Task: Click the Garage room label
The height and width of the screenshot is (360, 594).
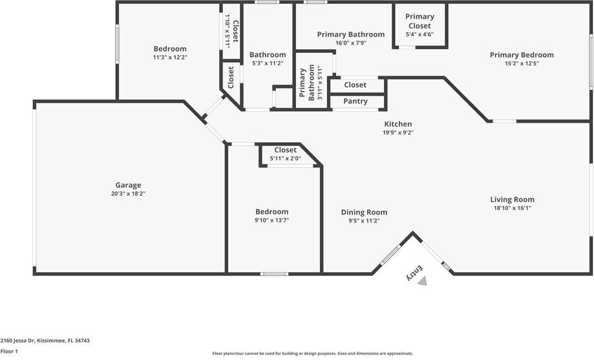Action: coord(128,185)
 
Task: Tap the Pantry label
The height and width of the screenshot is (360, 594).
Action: coord(355,101)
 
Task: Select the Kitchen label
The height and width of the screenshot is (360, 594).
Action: coord(398,124)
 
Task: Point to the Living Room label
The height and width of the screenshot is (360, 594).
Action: coord(512,199)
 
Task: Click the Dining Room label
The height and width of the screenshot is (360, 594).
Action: coord(364,212)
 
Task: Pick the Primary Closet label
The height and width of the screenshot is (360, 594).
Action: coord(419,21)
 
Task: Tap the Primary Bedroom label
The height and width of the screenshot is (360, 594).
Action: coord(522,55)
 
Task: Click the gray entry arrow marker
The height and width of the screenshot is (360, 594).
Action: coord(422,281)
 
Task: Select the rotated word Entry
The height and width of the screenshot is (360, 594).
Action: coord(414,273)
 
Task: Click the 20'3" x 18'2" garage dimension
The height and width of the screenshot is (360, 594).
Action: coord(128,194)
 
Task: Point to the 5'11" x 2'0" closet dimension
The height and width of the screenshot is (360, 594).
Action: coord(285,158)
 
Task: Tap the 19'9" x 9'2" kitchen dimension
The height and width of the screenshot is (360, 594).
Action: coord(398,132)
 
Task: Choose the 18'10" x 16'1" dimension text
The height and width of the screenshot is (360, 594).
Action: coord(512,207)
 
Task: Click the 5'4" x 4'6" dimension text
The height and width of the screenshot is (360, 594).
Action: coord(419,34)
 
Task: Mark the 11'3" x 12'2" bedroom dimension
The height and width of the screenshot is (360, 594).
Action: coord(170,58)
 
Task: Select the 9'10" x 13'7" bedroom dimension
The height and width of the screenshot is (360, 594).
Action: coord(271,220)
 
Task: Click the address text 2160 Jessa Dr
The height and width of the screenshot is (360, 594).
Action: coord(17,341)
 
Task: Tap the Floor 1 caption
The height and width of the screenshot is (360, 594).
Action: coord(9,352)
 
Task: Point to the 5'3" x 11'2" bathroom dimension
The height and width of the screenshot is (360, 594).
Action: coord(268,63)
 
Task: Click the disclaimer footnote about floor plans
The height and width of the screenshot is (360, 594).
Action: coord(313,354)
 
